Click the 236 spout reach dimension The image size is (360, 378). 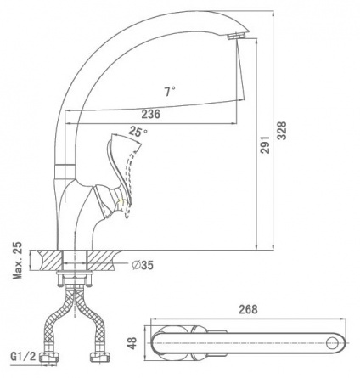(151, 114)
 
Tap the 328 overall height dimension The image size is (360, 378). (282, 131)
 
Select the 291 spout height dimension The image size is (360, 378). (265, 144)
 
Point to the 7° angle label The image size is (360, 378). (169, 91)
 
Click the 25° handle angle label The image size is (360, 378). (138, 132)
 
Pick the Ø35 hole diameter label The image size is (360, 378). (143, 265)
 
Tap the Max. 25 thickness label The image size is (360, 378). (18, 261)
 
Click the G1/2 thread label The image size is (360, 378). (24, 357)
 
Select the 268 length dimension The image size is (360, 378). (248, 309)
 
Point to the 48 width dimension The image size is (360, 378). (132, 343)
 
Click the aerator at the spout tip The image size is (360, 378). (237, 36)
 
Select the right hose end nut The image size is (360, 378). (100, 357)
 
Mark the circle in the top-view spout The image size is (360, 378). (332, 343)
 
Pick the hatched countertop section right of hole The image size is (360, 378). (102, 260)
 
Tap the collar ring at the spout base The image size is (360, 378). (65, 171)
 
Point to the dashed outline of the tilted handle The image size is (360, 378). (132, 181)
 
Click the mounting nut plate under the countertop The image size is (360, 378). (75, 273)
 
